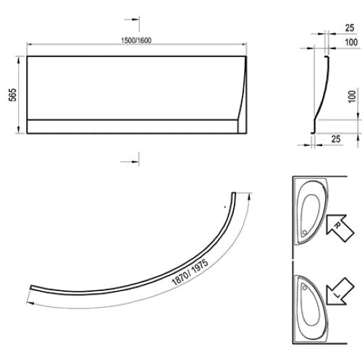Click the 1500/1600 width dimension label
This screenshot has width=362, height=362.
tap(136, 41)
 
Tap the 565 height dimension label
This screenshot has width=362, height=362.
tap(12, 95)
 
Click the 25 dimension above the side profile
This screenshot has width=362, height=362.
tap(350, 28)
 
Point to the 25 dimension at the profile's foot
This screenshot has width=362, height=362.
tap(336, 139)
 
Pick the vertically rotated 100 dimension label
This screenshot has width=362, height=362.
tap(352, 96)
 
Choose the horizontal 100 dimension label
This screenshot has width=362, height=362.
tap(351, 42)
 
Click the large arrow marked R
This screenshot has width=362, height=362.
tap(340, 228)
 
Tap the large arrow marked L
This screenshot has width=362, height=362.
tap(340, 292)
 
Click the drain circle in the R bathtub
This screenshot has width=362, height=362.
tap(305, 232)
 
